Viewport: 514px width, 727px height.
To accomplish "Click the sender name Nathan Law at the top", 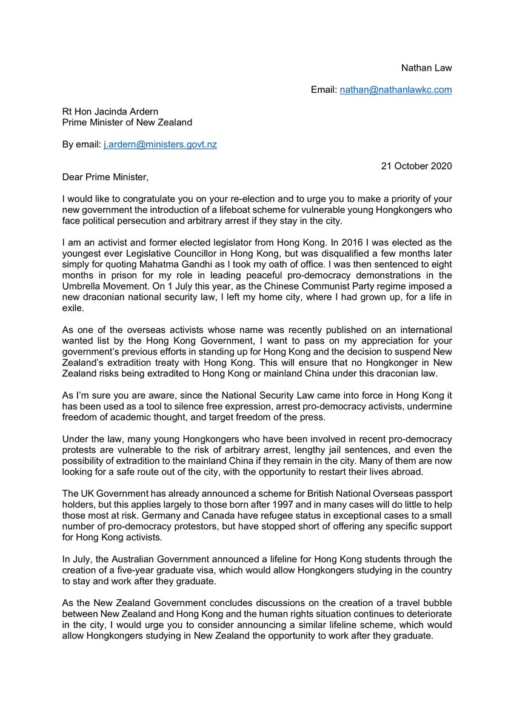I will [426, 68].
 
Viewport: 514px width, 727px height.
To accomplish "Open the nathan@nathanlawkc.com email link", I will [395, 90].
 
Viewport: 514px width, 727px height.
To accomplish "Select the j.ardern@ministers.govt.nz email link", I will [160, 144].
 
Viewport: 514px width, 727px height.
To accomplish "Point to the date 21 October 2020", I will [415, 166].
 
